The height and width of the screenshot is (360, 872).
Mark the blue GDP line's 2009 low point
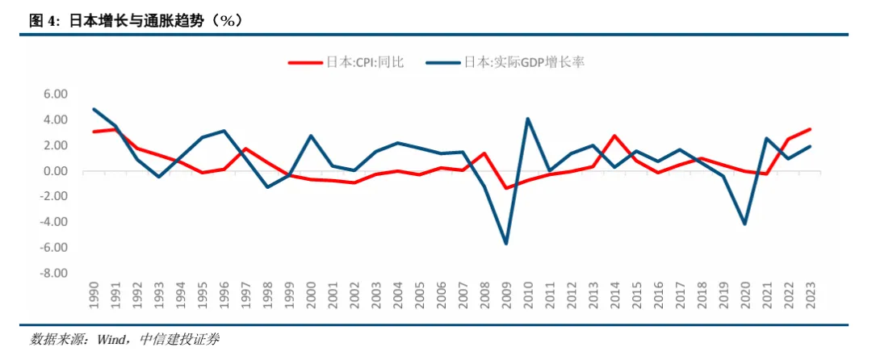(506, 244)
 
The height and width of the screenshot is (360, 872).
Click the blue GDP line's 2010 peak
(528, 119)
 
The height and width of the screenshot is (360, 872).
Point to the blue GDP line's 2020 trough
(744, 224)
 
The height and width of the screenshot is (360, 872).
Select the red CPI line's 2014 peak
(614, 136)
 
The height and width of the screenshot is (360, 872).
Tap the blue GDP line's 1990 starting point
(94, 109)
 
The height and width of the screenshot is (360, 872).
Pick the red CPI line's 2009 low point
(506, 188)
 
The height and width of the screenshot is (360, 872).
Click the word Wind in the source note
(109, 340)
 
